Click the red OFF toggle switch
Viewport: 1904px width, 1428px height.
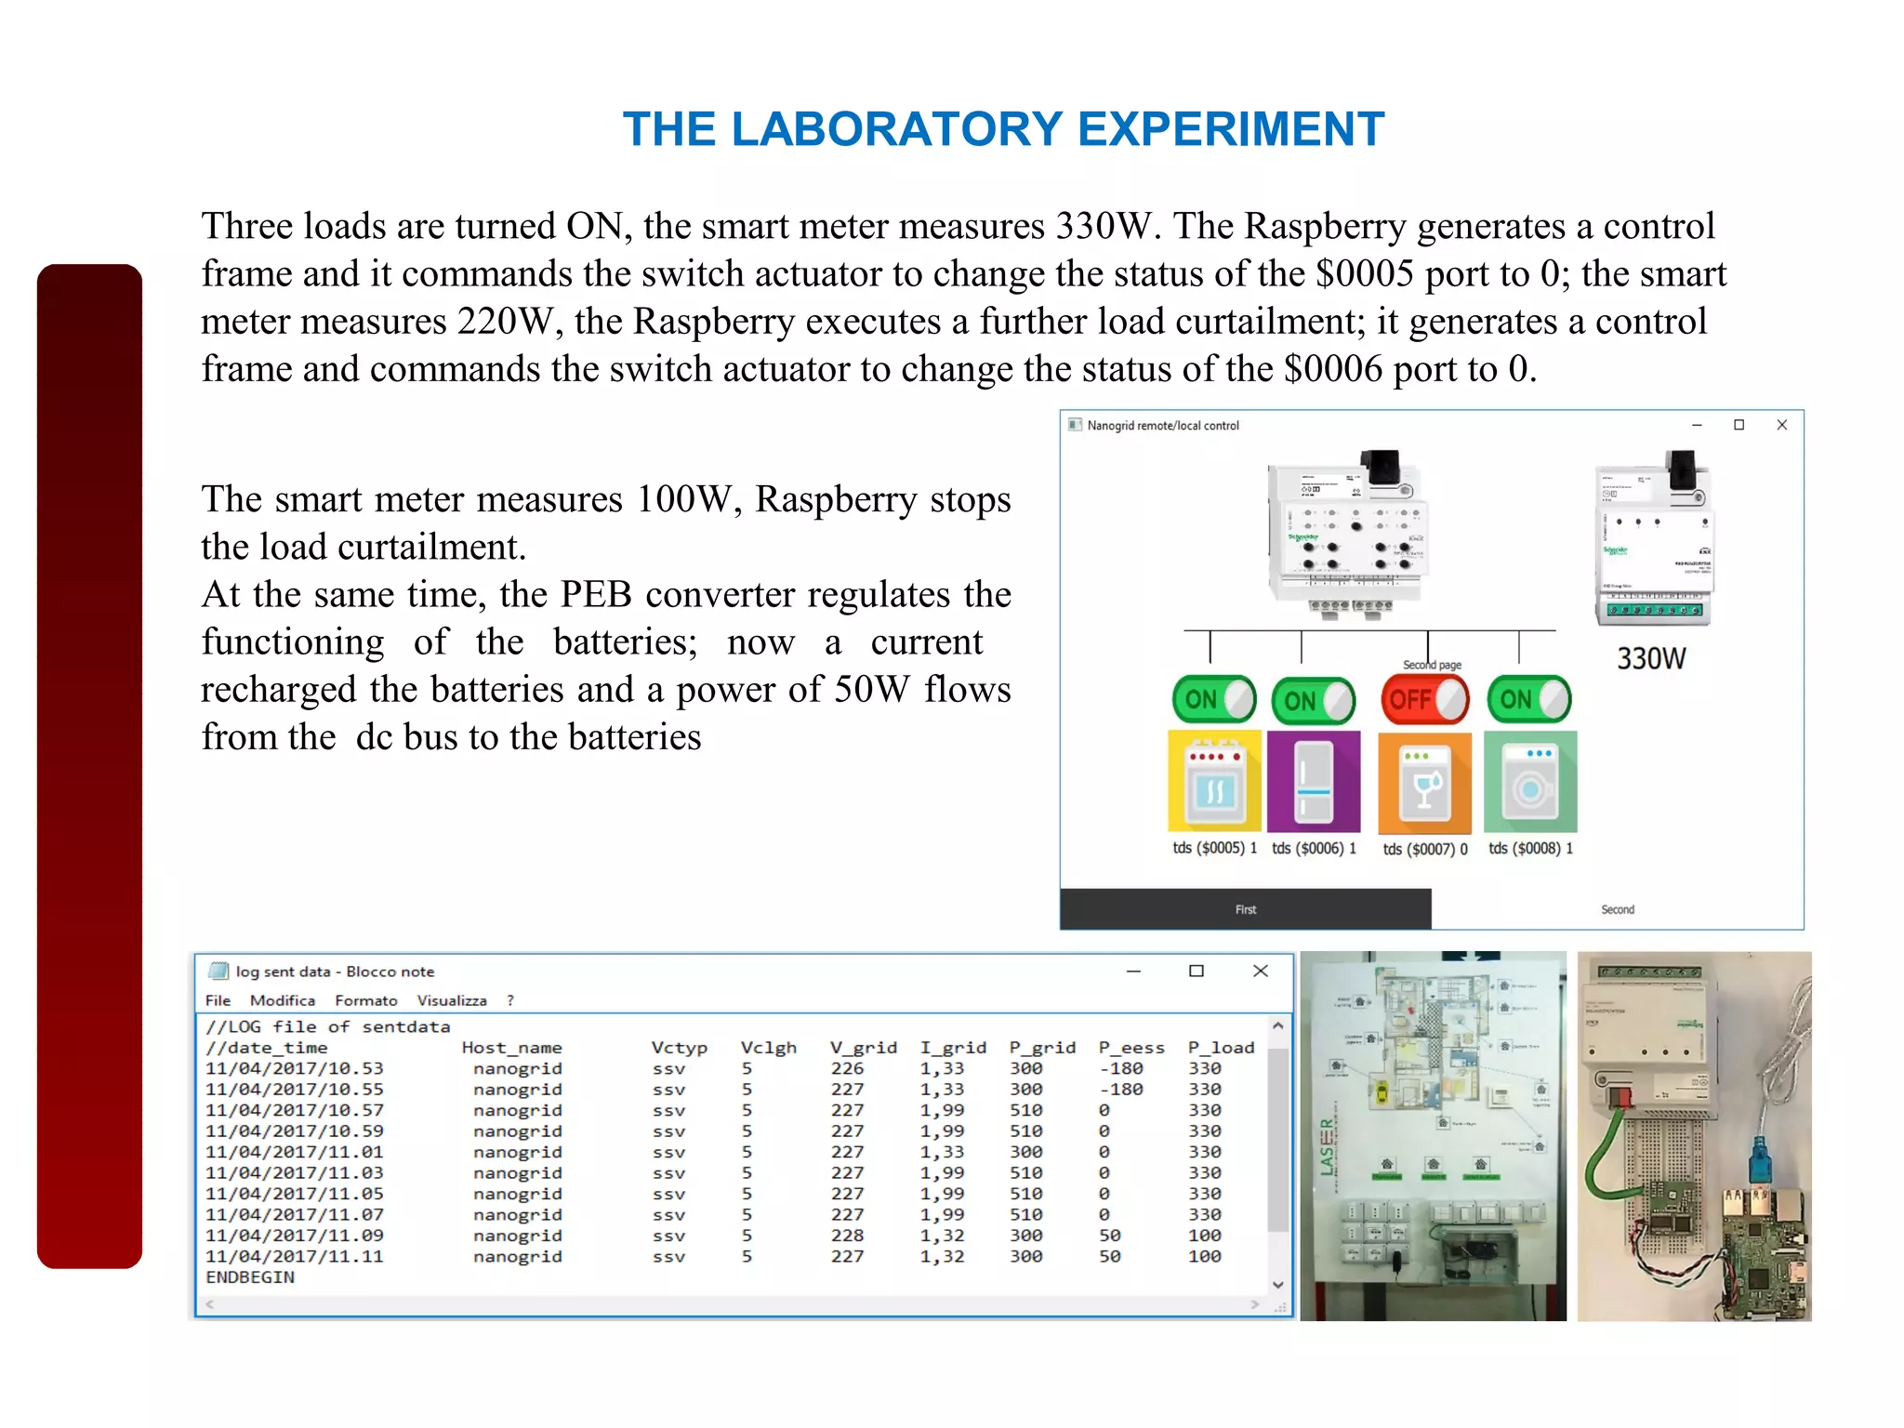click(x=1424, y=699)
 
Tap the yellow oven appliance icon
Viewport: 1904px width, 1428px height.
click(x=1214, y=781)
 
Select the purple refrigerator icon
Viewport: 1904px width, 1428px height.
click(x=1314, y=781)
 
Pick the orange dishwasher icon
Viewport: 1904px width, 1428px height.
click(x=1424, y=783)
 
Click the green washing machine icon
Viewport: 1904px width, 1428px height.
click(x=1530, y=781)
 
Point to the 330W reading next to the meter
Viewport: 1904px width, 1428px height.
click(x=1650, y=658)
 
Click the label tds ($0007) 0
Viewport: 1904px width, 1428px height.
click(x=1424, y=849)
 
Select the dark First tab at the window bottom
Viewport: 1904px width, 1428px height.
click(x=1245, y=909)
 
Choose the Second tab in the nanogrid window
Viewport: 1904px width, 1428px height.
click(x=1617, y=909)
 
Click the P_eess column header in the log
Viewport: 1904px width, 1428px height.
click(x=1130, y=1048)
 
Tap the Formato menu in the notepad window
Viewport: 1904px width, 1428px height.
click(x=365, y=1000)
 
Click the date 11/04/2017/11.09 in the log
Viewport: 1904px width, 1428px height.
click(x=294, y=1236)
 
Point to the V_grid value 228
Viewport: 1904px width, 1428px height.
click(x=847, y=1236)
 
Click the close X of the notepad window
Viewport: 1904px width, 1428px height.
click(x=1260, y=971)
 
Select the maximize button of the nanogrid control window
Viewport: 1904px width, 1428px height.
click(x=1739, y=425)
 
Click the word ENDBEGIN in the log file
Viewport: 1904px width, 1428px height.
click(x=249, y=1277)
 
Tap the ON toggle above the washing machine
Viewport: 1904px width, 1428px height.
click(x=1528, y=699)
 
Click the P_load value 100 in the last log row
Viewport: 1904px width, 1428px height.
click(x=1204, y=1257)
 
